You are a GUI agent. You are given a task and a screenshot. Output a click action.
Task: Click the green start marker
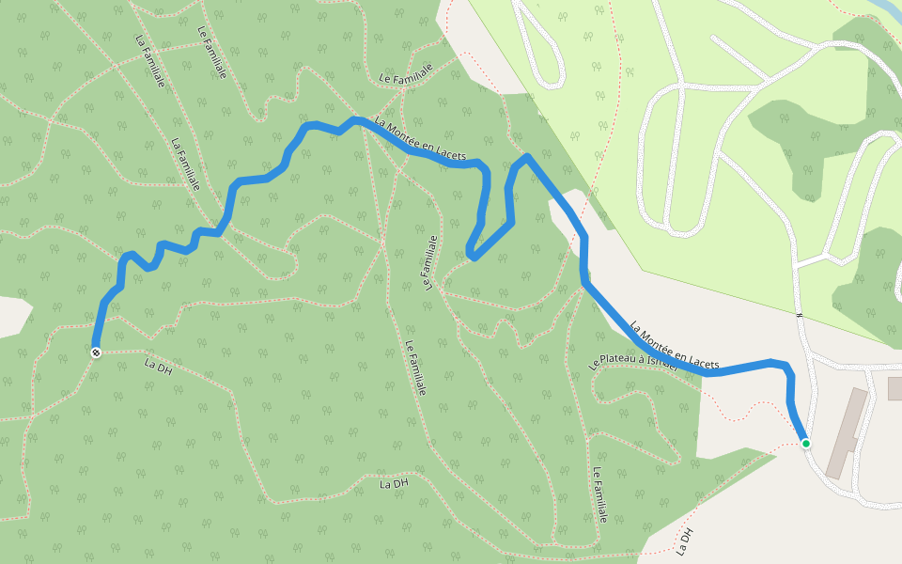(805, 443)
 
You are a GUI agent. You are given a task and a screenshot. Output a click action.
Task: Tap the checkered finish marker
(96, 352)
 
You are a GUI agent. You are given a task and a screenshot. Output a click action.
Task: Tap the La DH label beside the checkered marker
(159, 366)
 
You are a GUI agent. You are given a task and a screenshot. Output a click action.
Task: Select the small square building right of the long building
(894, 387)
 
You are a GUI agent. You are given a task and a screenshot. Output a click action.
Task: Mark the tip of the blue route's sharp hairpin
(472, 255)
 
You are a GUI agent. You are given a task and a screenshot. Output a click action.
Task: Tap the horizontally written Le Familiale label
(405, 75)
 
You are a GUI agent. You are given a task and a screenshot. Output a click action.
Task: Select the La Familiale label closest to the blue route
(185, 165)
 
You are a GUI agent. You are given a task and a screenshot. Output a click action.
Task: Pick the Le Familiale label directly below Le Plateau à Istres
(600, 496)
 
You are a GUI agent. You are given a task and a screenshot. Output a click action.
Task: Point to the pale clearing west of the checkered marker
(11, 316)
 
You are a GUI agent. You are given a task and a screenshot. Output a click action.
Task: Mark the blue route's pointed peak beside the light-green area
(527, 157)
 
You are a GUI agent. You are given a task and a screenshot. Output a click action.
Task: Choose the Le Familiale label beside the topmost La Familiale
(212, 53)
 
